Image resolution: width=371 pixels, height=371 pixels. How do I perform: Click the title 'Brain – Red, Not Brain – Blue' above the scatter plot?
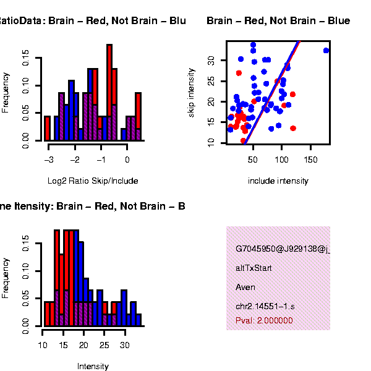point(278,21)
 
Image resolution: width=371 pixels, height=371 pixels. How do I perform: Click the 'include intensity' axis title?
point(278,181)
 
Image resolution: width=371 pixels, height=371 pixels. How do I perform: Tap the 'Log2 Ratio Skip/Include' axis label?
point(93,181)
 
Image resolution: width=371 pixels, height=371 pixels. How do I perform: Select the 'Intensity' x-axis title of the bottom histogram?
point(93,366)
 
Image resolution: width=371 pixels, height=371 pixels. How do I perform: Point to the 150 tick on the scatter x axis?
point(311,160)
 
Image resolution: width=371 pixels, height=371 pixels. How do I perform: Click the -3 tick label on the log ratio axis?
point(49,160)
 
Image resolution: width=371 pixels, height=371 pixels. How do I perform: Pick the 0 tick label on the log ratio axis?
point(127,160)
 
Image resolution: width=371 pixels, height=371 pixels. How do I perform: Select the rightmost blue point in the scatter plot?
point(326,51)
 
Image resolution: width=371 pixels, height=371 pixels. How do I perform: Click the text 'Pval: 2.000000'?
point(264,321)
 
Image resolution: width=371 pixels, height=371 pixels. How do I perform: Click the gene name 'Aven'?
point(245,288)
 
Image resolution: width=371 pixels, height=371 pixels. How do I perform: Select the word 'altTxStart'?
point(254,268)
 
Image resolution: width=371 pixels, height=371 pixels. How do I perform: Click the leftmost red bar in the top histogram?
point(47,128)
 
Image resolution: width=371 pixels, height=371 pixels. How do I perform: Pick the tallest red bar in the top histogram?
point(109,80)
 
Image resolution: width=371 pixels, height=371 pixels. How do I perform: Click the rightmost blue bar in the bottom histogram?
point(139,320)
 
